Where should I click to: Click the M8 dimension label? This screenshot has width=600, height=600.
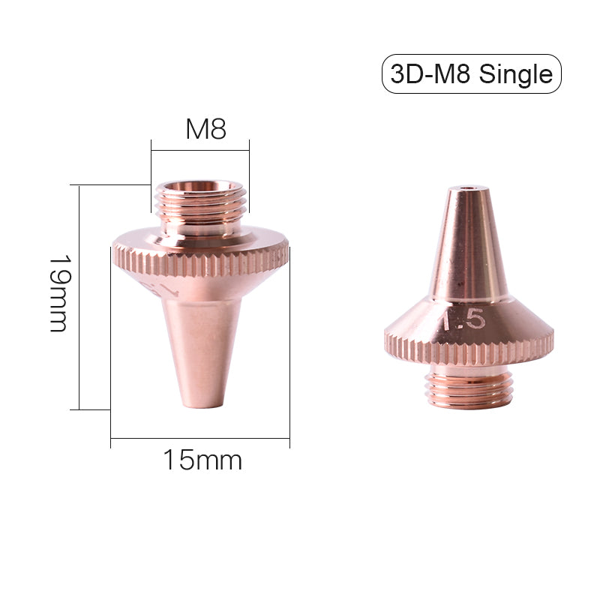click(x=205, y=129)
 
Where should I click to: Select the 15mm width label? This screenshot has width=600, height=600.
click(x=202, y=460)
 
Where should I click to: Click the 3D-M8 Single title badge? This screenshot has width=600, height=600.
click(x=471, y=73)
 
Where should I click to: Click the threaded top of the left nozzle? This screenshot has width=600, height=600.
click(x=200, y=206)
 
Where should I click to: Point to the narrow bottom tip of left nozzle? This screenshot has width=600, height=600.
click(x=202, y=401)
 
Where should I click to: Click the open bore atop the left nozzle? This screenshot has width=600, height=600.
click(x=200, y=185)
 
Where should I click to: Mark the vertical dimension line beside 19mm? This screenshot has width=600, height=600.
click(x=79, y=297)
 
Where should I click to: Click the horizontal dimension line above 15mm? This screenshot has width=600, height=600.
click(x=200, y=437)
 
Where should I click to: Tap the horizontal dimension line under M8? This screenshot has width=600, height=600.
click(x=200, y=149)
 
